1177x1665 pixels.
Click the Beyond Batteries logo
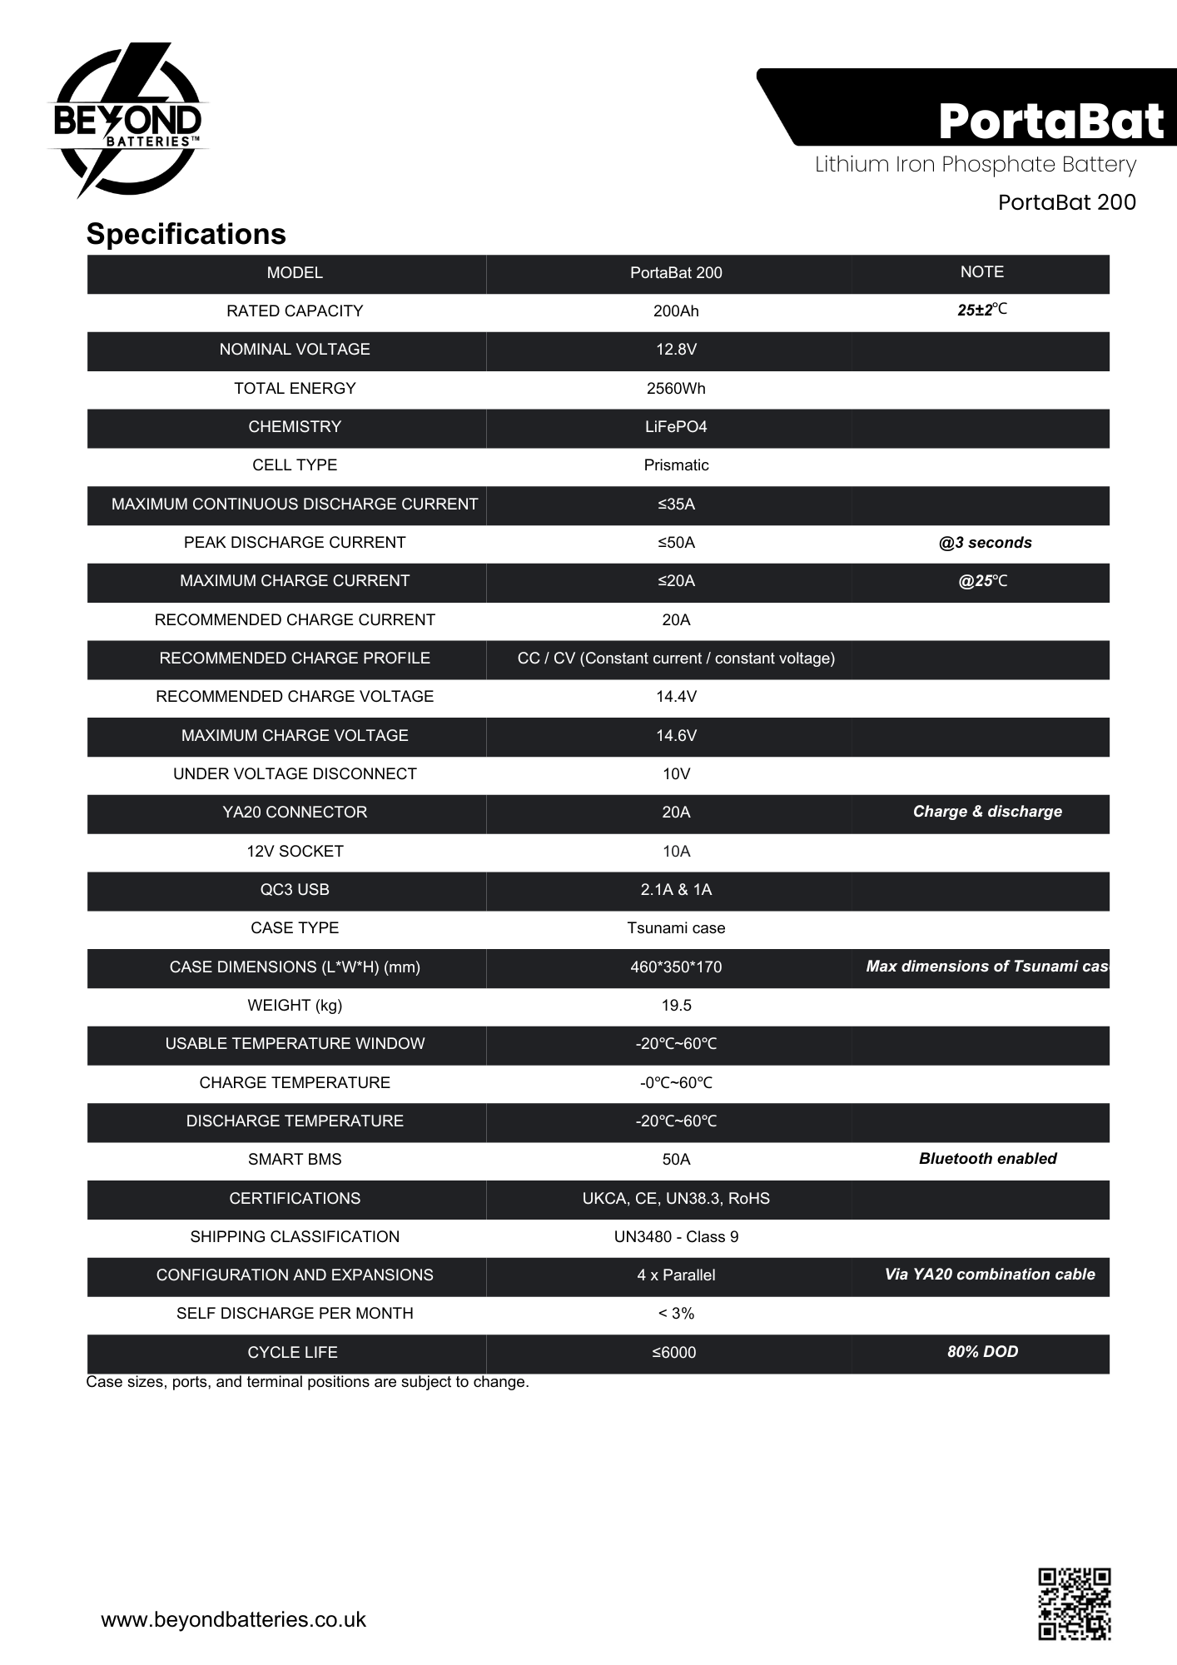coord(127,121)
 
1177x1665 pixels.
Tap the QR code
coord(1074,1603)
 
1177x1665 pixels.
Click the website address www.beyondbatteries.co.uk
coord(233,1619)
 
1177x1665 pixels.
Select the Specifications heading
coord(186,234)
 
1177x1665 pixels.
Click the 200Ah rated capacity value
coord(676,311)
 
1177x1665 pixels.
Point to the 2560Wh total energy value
coord(676,389)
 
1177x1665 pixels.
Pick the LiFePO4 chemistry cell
coord(676,427)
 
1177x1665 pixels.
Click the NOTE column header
coord(981,272)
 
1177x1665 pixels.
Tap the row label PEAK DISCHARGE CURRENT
coord(295,543)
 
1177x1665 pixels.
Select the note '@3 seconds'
coord(985,543)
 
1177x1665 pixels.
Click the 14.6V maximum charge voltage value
coord(676,736)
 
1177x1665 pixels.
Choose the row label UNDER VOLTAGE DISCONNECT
coord(295,774)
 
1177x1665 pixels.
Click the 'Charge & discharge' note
coord(987,812)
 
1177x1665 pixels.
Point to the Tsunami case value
coord(676,928)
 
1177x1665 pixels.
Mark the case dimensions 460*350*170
coord(676,967)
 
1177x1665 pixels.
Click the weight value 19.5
coord(676,1006)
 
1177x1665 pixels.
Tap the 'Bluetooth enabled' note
coord(987,1159)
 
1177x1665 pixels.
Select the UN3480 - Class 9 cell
coord(676,1237)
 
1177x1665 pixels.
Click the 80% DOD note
coord(982,1352)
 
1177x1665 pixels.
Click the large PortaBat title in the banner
coord(1050,122)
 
